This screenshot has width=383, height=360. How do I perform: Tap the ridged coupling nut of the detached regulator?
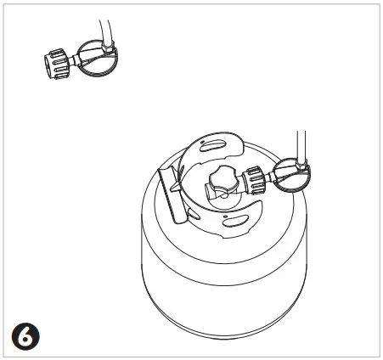(x=57, y=64)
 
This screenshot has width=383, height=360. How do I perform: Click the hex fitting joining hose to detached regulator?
(x=99, y=50)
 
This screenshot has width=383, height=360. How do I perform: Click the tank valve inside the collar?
(x=222, y=185)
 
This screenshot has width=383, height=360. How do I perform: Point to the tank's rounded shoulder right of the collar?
(x=284, y=212)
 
